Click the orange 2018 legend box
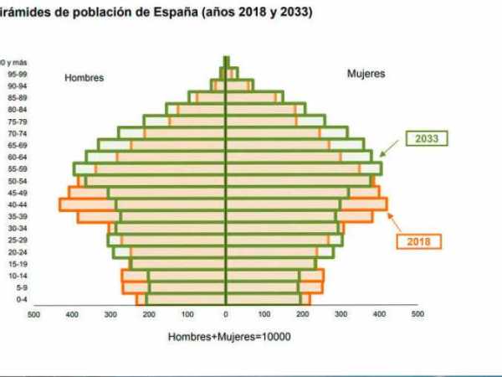418,241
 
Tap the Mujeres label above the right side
366,74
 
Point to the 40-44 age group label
17,204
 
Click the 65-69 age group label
17,144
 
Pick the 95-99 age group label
17,73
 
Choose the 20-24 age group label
17,251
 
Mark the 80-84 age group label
17,109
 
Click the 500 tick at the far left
33,316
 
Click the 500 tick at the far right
417,316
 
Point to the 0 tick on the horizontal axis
226,316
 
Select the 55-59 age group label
17,168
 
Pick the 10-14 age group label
17,275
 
